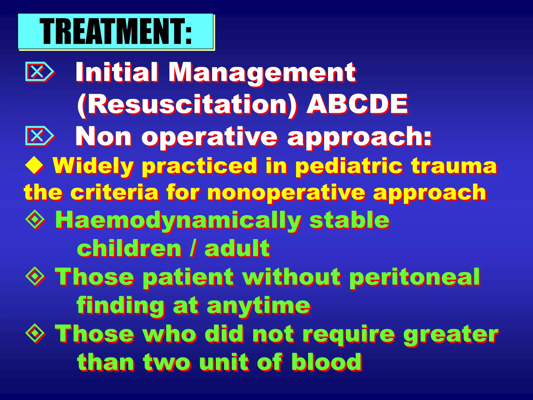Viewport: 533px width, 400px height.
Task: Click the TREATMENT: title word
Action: point(116,32)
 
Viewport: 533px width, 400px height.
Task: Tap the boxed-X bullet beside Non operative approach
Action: point(39,136)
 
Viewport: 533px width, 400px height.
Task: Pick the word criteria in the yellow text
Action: point(115,193)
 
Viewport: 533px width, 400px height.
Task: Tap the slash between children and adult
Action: point(193,249)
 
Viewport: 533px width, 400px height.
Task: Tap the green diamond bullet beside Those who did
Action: point(35,333)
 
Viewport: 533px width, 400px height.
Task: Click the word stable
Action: point(349,220)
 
